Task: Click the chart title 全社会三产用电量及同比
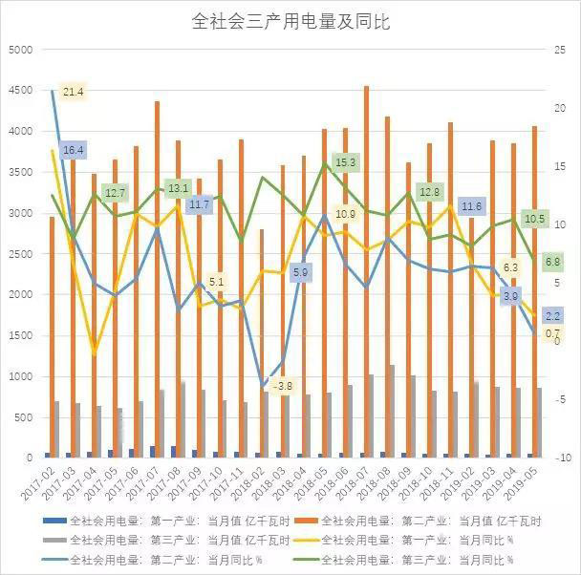coord(290,20)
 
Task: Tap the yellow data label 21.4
coord(74,92)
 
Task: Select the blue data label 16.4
coord(74,150)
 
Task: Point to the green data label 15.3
coord(346,162)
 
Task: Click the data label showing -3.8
coord(283,387)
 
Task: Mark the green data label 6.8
coord(552,261)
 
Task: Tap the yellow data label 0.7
coord(552,333)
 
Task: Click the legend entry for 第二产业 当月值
coord(431,522)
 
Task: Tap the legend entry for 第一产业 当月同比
coord(431,541)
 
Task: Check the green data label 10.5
coord(535,219)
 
